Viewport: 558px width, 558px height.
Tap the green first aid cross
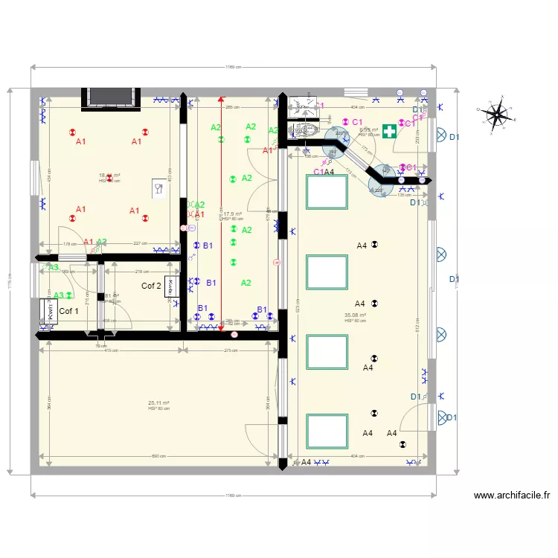(388, 130)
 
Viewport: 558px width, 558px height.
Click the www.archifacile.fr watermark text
(511, 495)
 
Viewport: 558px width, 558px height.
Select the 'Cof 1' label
(68, 311)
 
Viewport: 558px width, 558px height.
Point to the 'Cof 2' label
(152, 286)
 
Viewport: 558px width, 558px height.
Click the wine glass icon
(158, 188)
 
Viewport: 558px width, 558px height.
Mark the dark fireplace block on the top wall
(112, 96)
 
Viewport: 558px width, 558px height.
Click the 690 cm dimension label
(158, 457)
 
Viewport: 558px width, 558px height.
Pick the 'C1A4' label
(324, 172)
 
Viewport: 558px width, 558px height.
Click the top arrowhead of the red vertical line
(220, 98)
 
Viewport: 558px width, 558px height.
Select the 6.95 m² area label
(368, 129)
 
